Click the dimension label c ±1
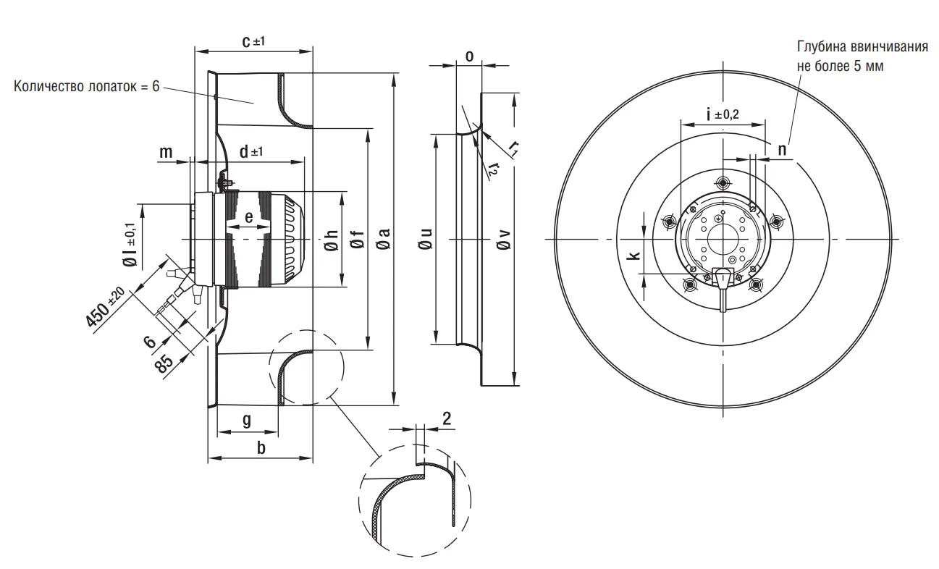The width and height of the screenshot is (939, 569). [x=253, y=42]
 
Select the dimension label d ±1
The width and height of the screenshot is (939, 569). [x=251, y=152]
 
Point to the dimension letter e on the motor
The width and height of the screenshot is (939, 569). [x=248, y=216]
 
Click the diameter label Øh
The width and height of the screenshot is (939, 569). [x=330, y=239]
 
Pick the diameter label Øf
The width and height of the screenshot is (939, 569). [x=357, y=239]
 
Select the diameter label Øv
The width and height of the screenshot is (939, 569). [x=502, y=239]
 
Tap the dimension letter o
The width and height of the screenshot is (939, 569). [x=469, y=56]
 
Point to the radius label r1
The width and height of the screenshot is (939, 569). [x=513, y=148]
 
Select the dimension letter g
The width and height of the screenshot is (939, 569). [x=247, y=420]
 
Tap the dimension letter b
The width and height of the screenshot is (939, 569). [x=261, y=448]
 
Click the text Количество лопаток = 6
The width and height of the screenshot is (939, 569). [x=85, y=86]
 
